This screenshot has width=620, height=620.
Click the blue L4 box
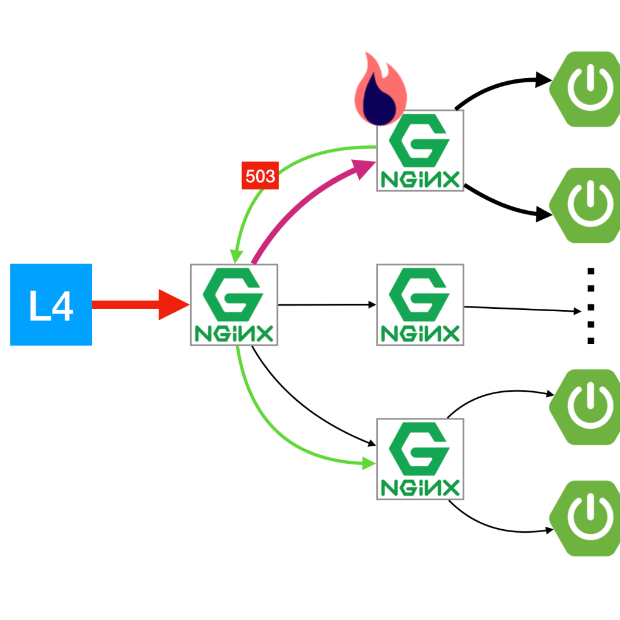[51, 305]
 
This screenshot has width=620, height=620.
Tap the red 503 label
[260, 177]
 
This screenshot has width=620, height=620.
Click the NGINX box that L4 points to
[234, 305]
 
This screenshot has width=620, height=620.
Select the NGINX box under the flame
[420, 151]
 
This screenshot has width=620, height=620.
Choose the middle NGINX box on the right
[420, 305]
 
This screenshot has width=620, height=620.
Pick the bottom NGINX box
[420, 458]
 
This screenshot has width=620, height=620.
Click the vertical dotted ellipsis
[591, 306]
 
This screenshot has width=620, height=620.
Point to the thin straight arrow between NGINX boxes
[327, 305]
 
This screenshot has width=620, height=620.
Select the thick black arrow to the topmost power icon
[496, 85]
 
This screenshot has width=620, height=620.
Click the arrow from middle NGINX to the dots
[521, 309]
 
